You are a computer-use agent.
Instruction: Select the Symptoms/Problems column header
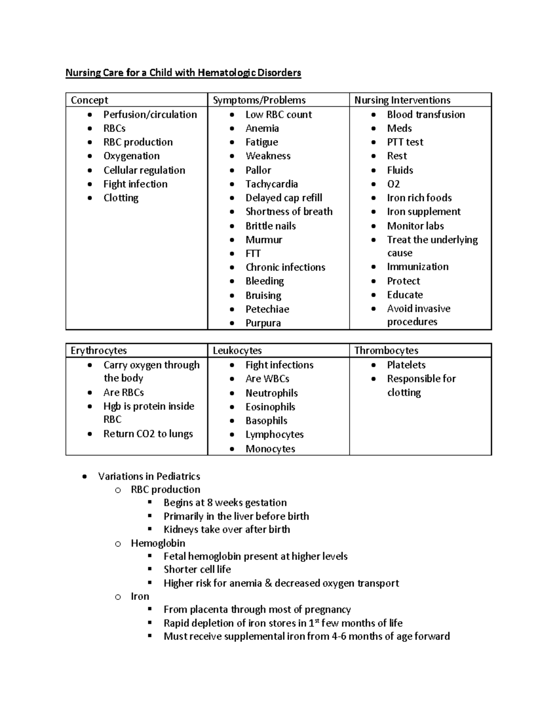click(x=259, y=100)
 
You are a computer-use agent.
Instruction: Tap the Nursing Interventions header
click(x=402, y=100)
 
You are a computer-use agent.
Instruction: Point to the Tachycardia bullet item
click(x=272, y=184)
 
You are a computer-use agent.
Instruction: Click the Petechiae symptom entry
click(x=267, y=309)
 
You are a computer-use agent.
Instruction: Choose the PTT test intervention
click(x=405, y=142)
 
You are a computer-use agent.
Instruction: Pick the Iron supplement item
click(x=423, y=212)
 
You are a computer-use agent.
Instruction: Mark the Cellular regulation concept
click(x=144, y=170)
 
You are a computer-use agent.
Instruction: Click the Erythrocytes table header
click(x=98, y=351)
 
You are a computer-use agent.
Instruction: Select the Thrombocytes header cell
click(x=386, y=351)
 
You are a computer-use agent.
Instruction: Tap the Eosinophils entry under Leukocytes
click(x=270, y=407)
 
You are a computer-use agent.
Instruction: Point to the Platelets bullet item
click(x=406, y=365)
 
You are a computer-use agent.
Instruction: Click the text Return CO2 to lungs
click(x=148, y=434)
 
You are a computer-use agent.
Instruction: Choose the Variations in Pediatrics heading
click(x=149, y=476)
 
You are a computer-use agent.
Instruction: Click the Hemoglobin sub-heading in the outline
click(x=158, y=543)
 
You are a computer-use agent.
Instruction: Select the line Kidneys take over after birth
click(x=227, y=530)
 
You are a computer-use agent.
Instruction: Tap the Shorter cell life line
click(x=197, y=570)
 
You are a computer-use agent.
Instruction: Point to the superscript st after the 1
click(x=317, y=620)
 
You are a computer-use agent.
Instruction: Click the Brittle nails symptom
click(x=271, y=226)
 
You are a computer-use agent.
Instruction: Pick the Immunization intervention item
click(x=418, y=267)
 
